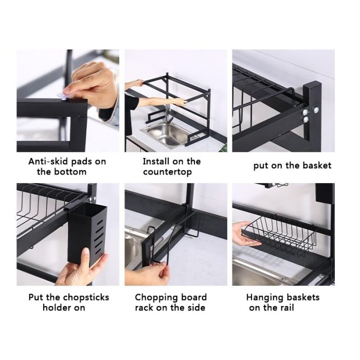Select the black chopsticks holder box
[87, 233]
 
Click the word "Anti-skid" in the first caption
[48, 161]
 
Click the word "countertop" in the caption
[167, 172]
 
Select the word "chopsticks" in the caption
[86, 298]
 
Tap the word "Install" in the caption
[155, 161]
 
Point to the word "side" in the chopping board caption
[196, 308]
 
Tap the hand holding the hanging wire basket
[244, 234]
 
